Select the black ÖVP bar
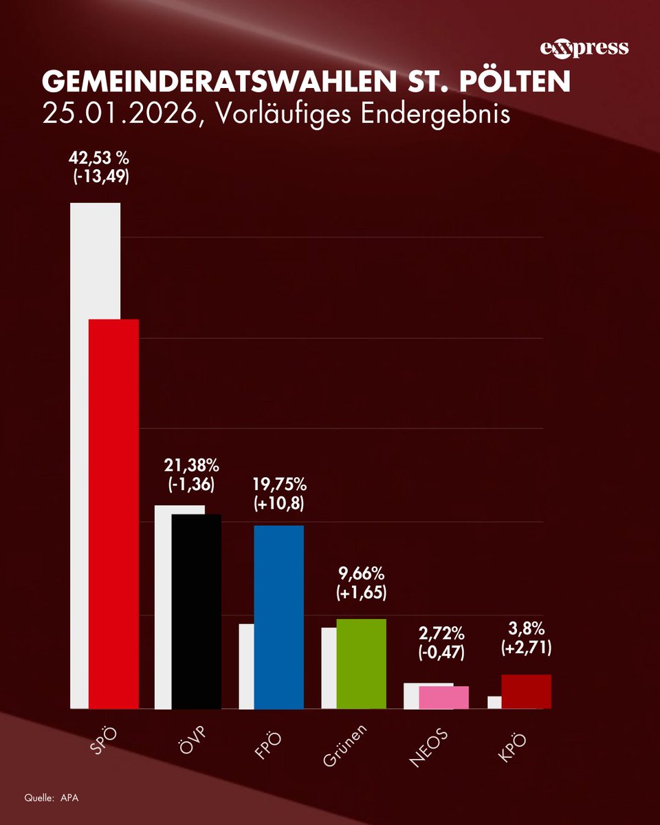pyautogui.click(x=197, y=611)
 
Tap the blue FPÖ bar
pyautogui.click(x=278, y=617)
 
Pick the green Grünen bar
pyautogui.click(x=362, y=663)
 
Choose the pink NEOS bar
pyautogui.click(x=443, y=697)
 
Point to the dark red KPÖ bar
pyautogui.click(x=527, y=691)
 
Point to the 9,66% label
pyautogui.click(x=362, y=574)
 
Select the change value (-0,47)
pyautogui.click(x=443, y=654)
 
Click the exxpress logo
pyautogui.click(x=584, y=47)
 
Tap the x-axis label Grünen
pyautogui.click(x=350, y=746)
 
